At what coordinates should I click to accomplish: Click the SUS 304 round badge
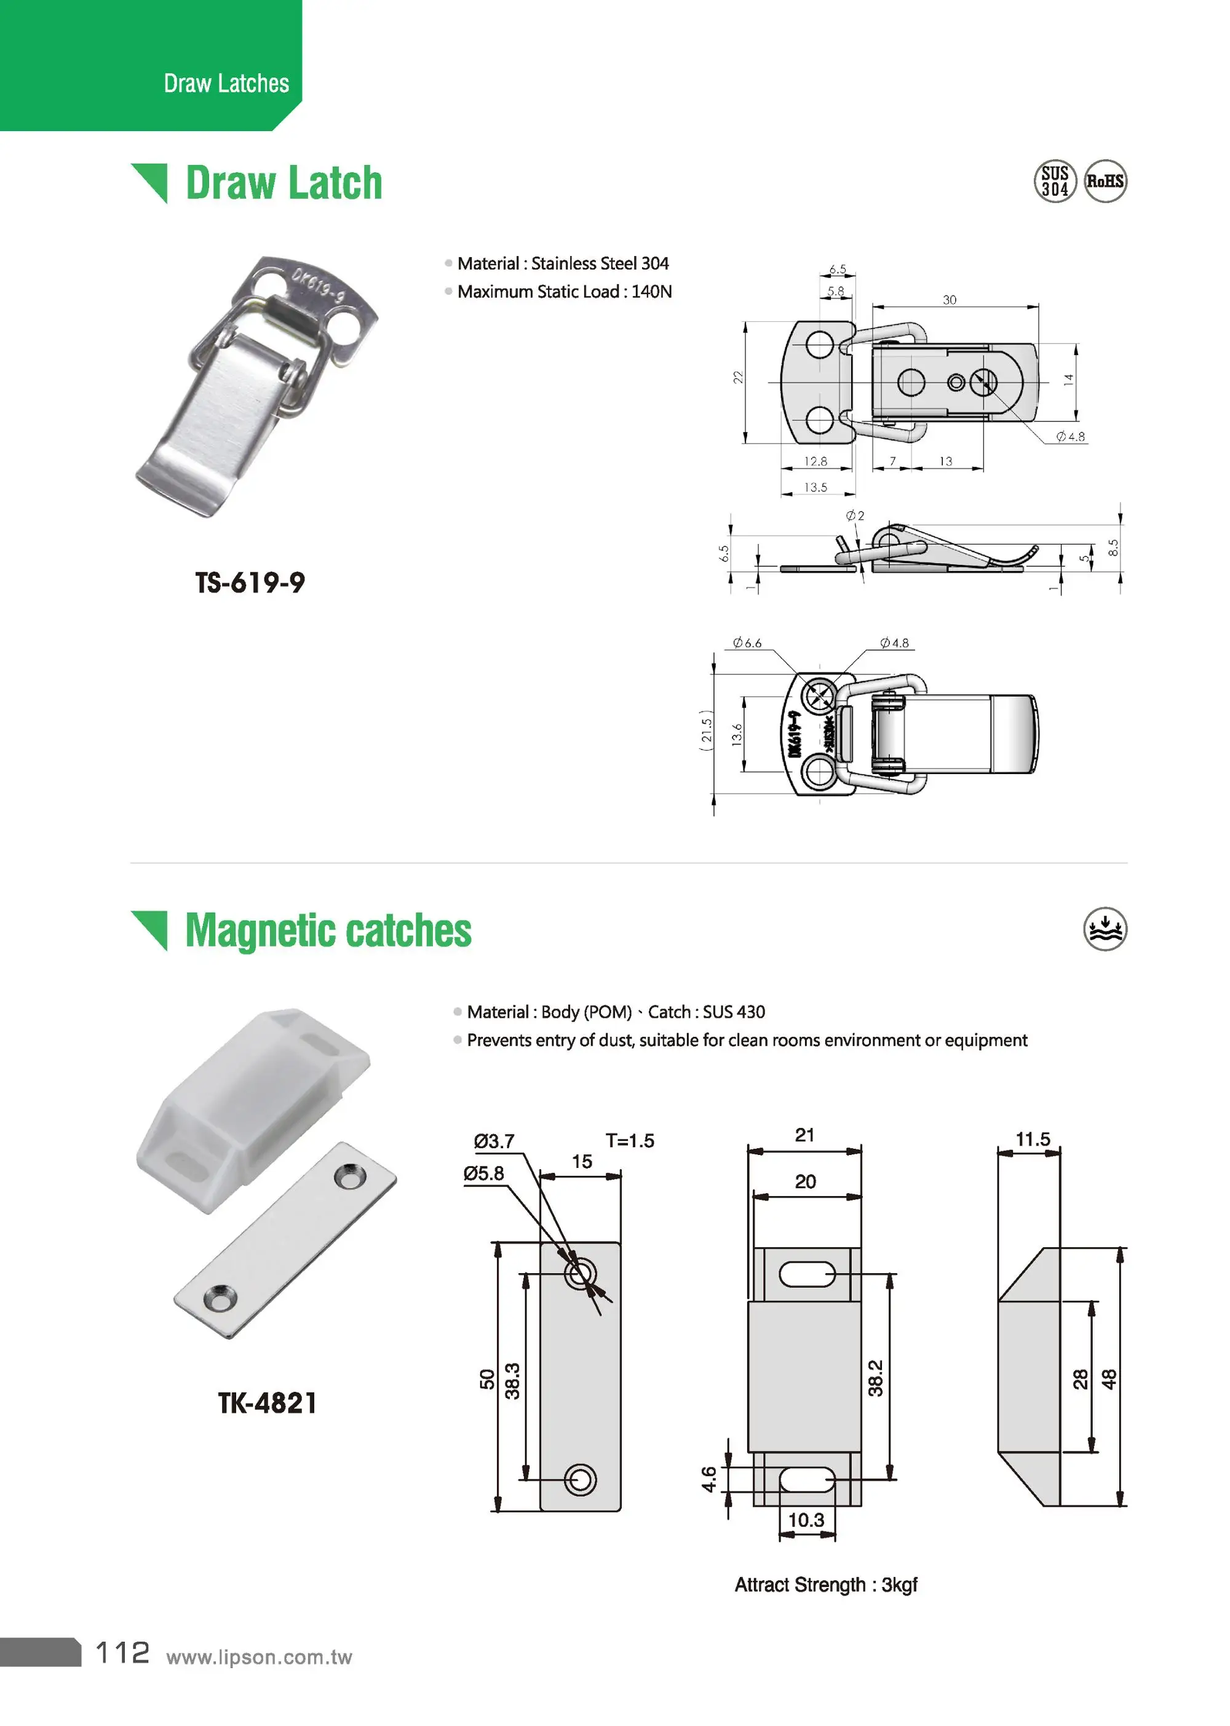(1054, 181)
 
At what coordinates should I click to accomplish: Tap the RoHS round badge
(1105, 181)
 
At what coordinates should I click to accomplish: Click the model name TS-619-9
(250, 583)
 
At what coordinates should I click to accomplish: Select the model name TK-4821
(268, 1402)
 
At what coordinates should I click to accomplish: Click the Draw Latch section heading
(284, 183)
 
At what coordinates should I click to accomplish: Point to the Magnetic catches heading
(328, 930)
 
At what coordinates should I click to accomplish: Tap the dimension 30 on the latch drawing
(949, 300)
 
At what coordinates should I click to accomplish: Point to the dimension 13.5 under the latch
(815, 487)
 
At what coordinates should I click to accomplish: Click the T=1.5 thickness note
(629, 1140)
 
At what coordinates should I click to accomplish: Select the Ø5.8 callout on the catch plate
(484, 1173)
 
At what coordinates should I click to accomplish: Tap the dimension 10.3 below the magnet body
(806, 1520)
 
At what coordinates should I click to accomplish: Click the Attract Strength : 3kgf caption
(825, 1585)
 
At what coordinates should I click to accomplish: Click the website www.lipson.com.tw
(259, 1657)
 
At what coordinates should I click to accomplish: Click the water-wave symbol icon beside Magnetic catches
(1105, 929)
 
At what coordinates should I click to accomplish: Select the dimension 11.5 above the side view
(1033, 1139)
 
